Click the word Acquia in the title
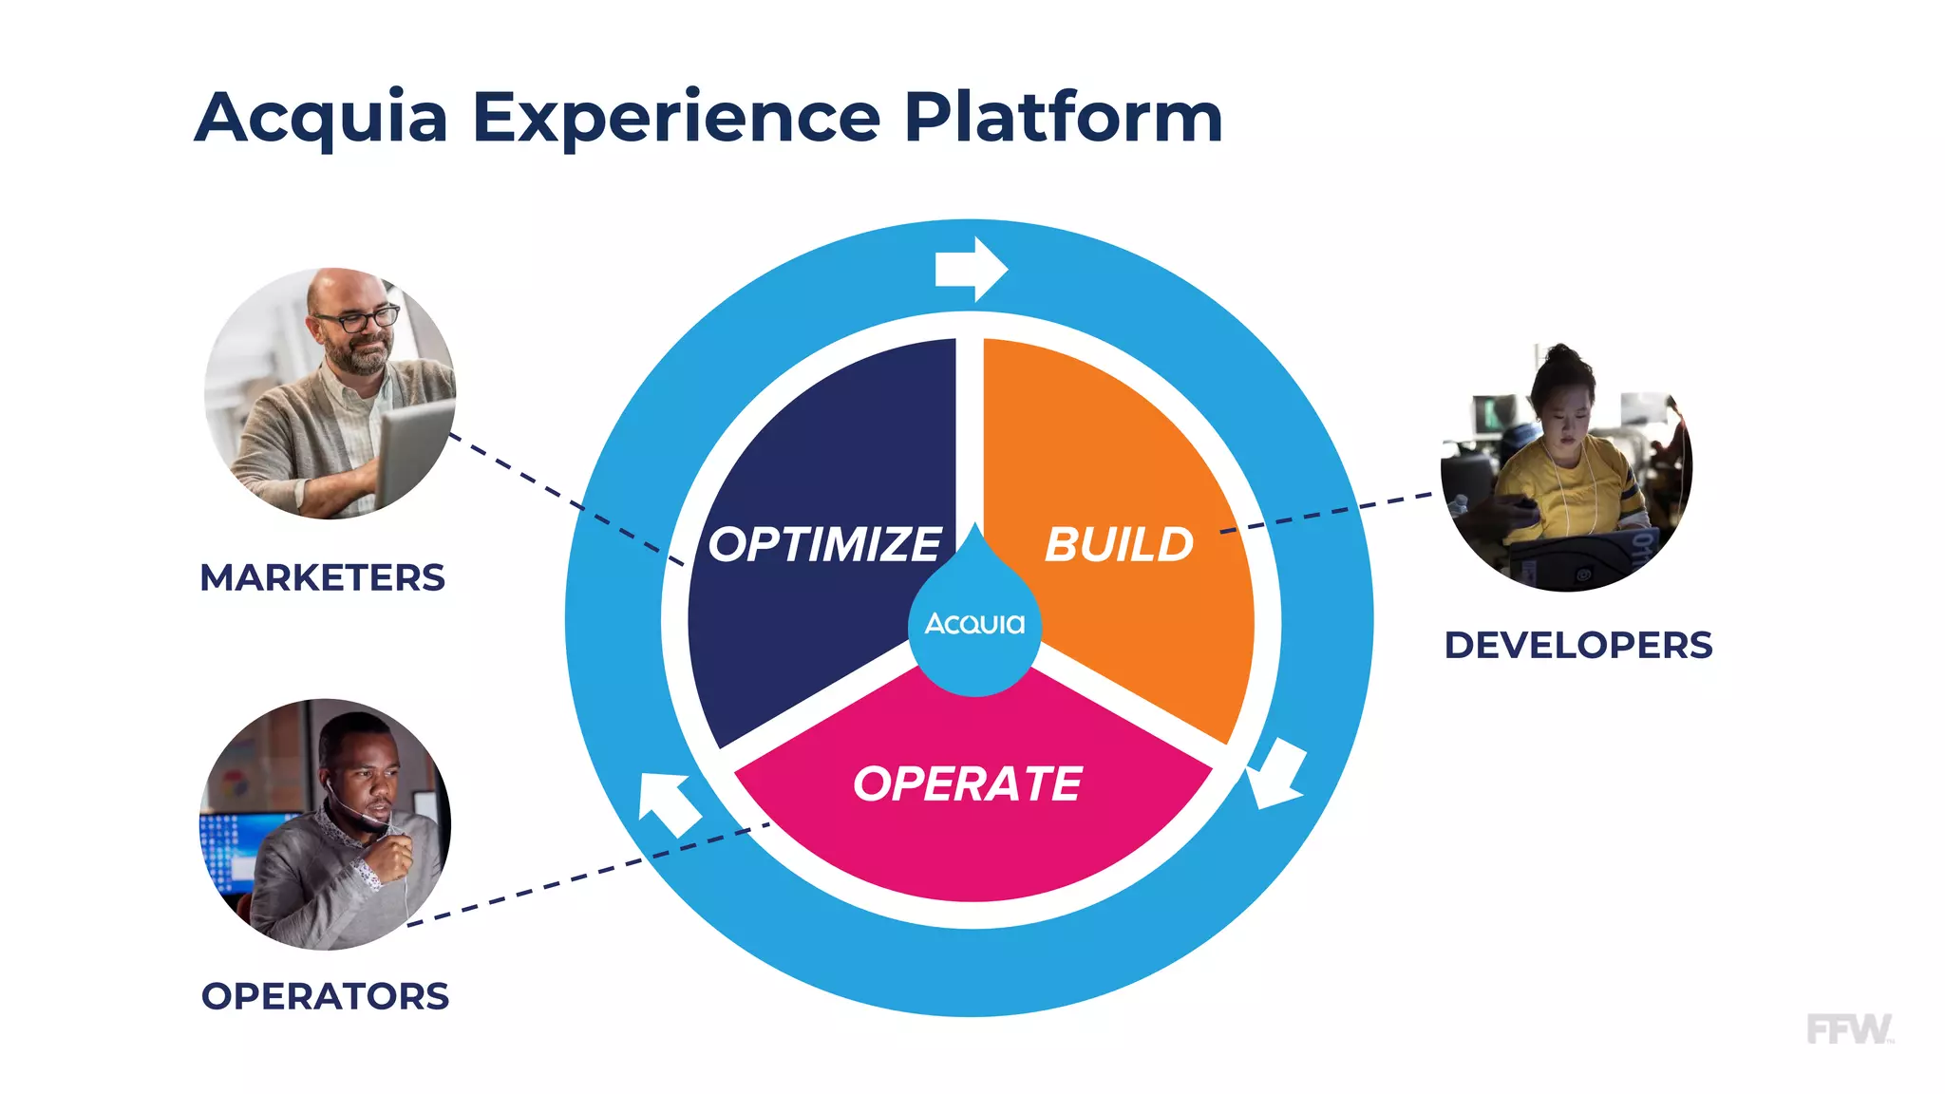(x=321, y=118)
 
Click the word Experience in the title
(x=676, y=118)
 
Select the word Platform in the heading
(x=1063, y=118)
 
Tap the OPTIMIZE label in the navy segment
(x=824, y=545)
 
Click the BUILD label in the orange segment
(x=1119, y=545)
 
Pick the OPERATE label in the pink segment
(x=967, y=784)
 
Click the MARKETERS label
(x=322, y=577)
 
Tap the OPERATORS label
(x=325, y=996)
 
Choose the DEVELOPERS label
(x=1577, y=646)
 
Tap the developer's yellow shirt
(x=1567, y=484)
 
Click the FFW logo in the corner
(x=1848, y=1029)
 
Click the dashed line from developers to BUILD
(x=1330, y=512)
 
